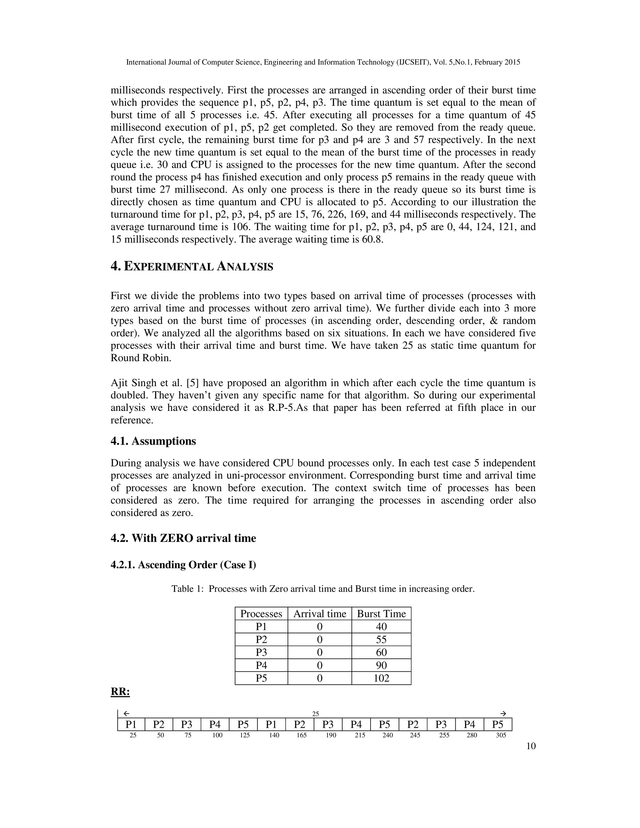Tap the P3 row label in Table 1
click(x=261, y=652)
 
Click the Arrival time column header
click(x=320, y=614)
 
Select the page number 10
click(x=531, y=746)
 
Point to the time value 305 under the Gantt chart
click(x=501, y=735)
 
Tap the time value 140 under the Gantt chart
click(x=274, y=735)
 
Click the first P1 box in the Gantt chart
click(x=131, y=725)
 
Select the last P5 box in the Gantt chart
click(x=497, y=725)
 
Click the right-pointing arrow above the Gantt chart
click(x=503, y=714)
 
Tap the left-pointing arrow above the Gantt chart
click(x=127, y=714)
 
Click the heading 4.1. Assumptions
click(x=153, y=441)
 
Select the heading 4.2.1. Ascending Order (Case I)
click(x=183, y=565)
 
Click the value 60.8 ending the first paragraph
click(x=372, y=240)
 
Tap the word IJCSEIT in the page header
click(x=412, y=62)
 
